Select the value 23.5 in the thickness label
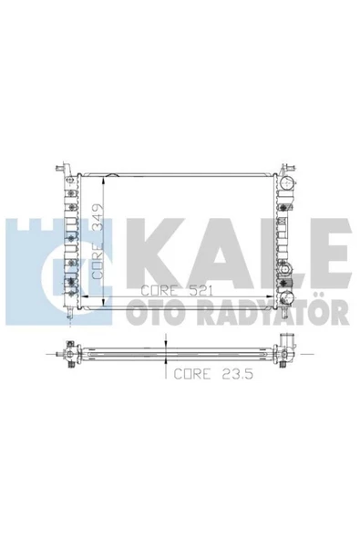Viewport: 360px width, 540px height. (x=238, y=374)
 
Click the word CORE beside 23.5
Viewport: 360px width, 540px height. (x=191, y=374)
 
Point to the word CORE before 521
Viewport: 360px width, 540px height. (x=159, y=291)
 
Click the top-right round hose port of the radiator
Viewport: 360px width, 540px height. (x=286, y=182)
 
